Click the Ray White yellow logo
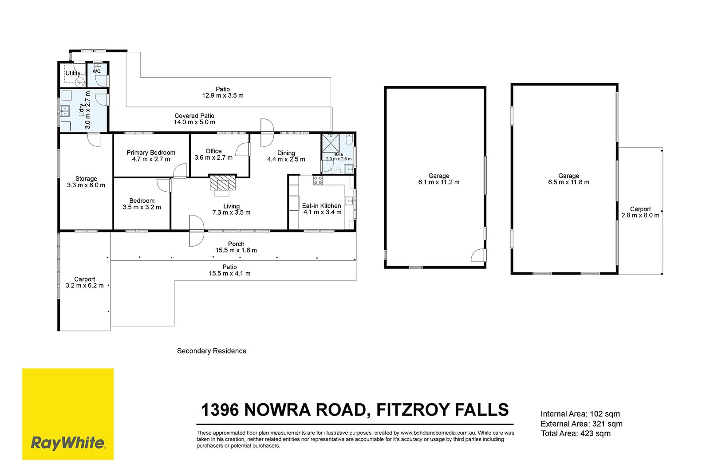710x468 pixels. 68,414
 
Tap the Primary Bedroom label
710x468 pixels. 151,153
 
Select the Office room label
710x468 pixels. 213,151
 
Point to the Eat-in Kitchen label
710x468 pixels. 321,206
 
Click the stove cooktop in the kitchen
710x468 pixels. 318,180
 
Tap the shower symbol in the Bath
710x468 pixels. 331,143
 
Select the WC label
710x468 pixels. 96,71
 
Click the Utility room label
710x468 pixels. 73,73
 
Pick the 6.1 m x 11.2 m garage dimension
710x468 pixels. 439,182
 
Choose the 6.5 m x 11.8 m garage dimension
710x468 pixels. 568,182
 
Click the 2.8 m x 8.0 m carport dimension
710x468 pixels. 640,216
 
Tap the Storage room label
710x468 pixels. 86,179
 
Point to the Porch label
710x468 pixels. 236,244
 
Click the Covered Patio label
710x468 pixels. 194,116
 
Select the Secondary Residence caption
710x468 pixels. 211,351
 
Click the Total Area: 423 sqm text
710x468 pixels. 576,433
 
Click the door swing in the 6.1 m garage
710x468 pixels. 478,255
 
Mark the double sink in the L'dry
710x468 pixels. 65,111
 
